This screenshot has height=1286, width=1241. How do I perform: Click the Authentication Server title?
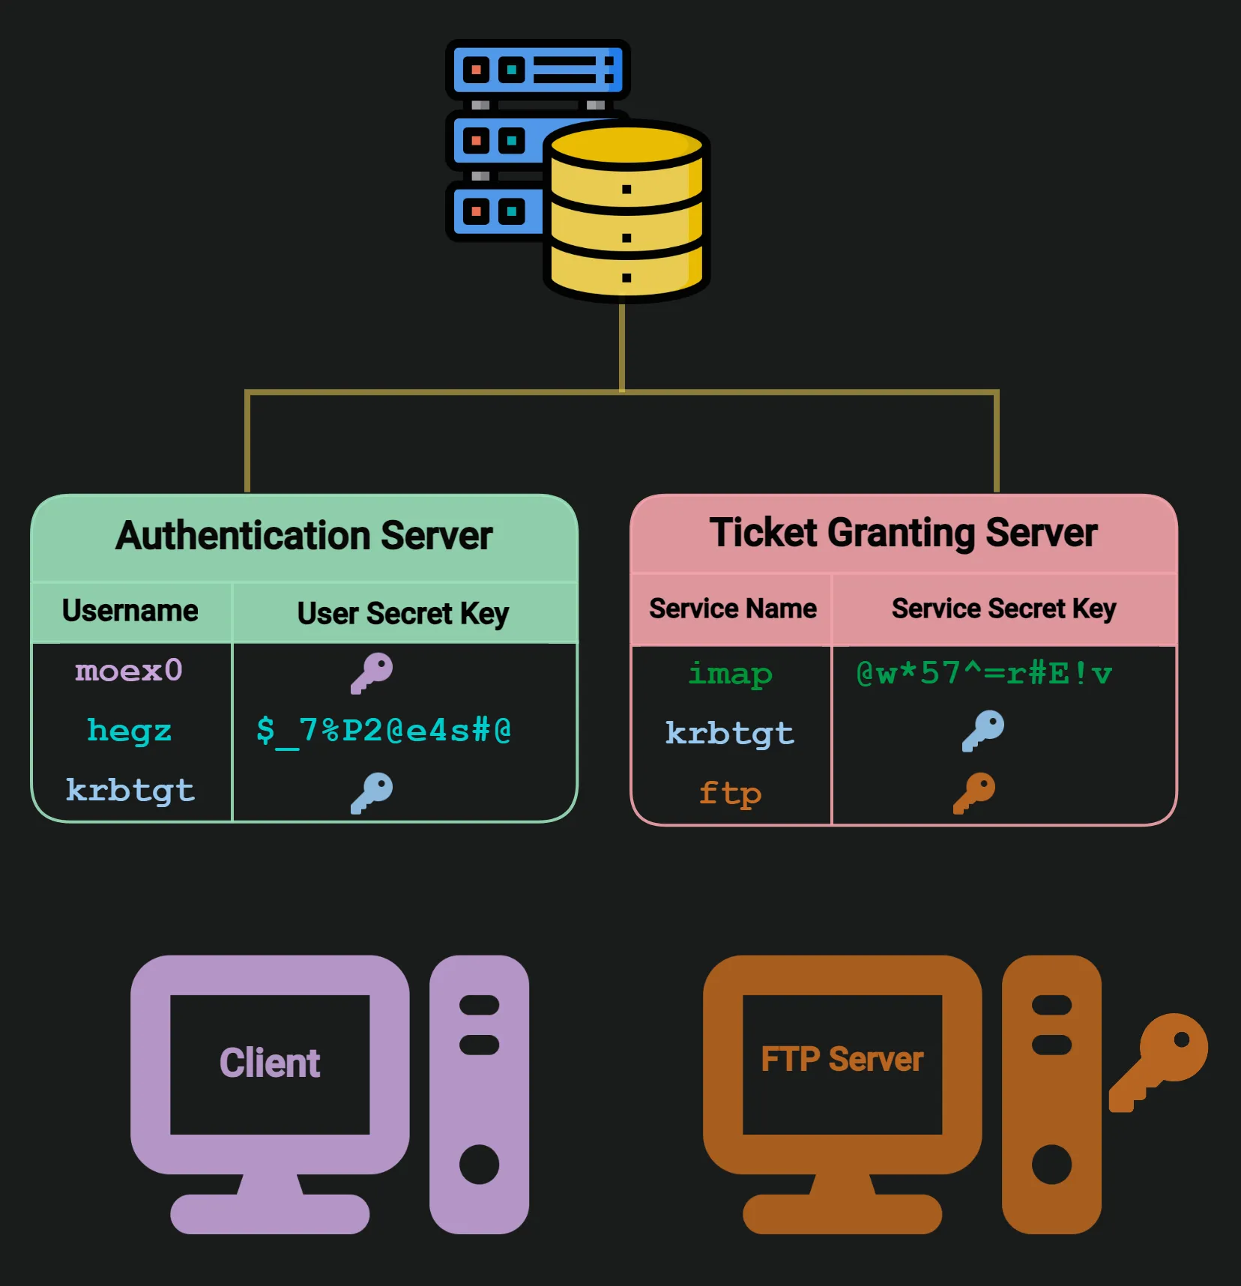pos(304,536)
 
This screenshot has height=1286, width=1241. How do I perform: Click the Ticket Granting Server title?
pos(903,533)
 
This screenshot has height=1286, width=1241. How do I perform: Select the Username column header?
pos(130,611)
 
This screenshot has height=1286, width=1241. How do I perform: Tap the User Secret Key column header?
pos(403,614)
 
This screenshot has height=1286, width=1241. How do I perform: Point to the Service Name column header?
pos(733,609)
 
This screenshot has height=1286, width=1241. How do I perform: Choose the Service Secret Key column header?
pos(1003,609)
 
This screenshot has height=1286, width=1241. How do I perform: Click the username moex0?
pos(129,671)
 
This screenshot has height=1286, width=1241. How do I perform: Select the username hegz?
pos(129,730)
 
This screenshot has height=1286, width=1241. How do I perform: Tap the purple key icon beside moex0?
pos(372,672)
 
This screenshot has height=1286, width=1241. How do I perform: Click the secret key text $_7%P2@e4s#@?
pos(384,731)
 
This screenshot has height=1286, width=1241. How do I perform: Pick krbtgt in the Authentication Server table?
pos(130,791)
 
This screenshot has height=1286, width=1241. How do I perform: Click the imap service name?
pos(730,674)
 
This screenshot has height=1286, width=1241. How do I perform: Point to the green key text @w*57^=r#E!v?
pos(983,674)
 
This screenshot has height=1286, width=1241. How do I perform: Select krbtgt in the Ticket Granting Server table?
pos(730,734)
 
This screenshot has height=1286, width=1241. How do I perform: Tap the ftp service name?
pos(730,794)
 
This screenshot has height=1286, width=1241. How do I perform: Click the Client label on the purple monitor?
pos(270,1063)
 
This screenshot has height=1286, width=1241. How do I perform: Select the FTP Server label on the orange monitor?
pos(842,1060)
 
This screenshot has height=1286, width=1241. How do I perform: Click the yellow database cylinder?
pos(626,214)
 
